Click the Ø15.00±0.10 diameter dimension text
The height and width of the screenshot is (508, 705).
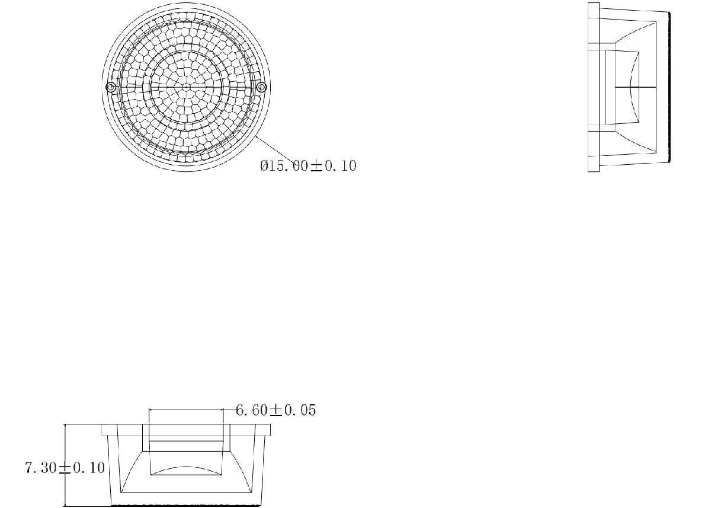point(308,165)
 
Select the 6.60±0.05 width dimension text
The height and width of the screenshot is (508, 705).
point(276,410)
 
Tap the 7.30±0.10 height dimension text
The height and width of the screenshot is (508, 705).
point(65,468)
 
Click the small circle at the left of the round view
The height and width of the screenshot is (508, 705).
point(111,87)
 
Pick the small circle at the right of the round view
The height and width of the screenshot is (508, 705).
point(262,87)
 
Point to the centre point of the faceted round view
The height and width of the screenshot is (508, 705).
point(186,87)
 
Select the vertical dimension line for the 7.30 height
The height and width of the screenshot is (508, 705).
point(66,465)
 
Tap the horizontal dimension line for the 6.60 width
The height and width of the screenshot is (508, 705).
point(185,410)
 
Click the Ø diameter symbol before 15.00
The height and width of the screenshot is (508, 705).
point(264,165)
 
